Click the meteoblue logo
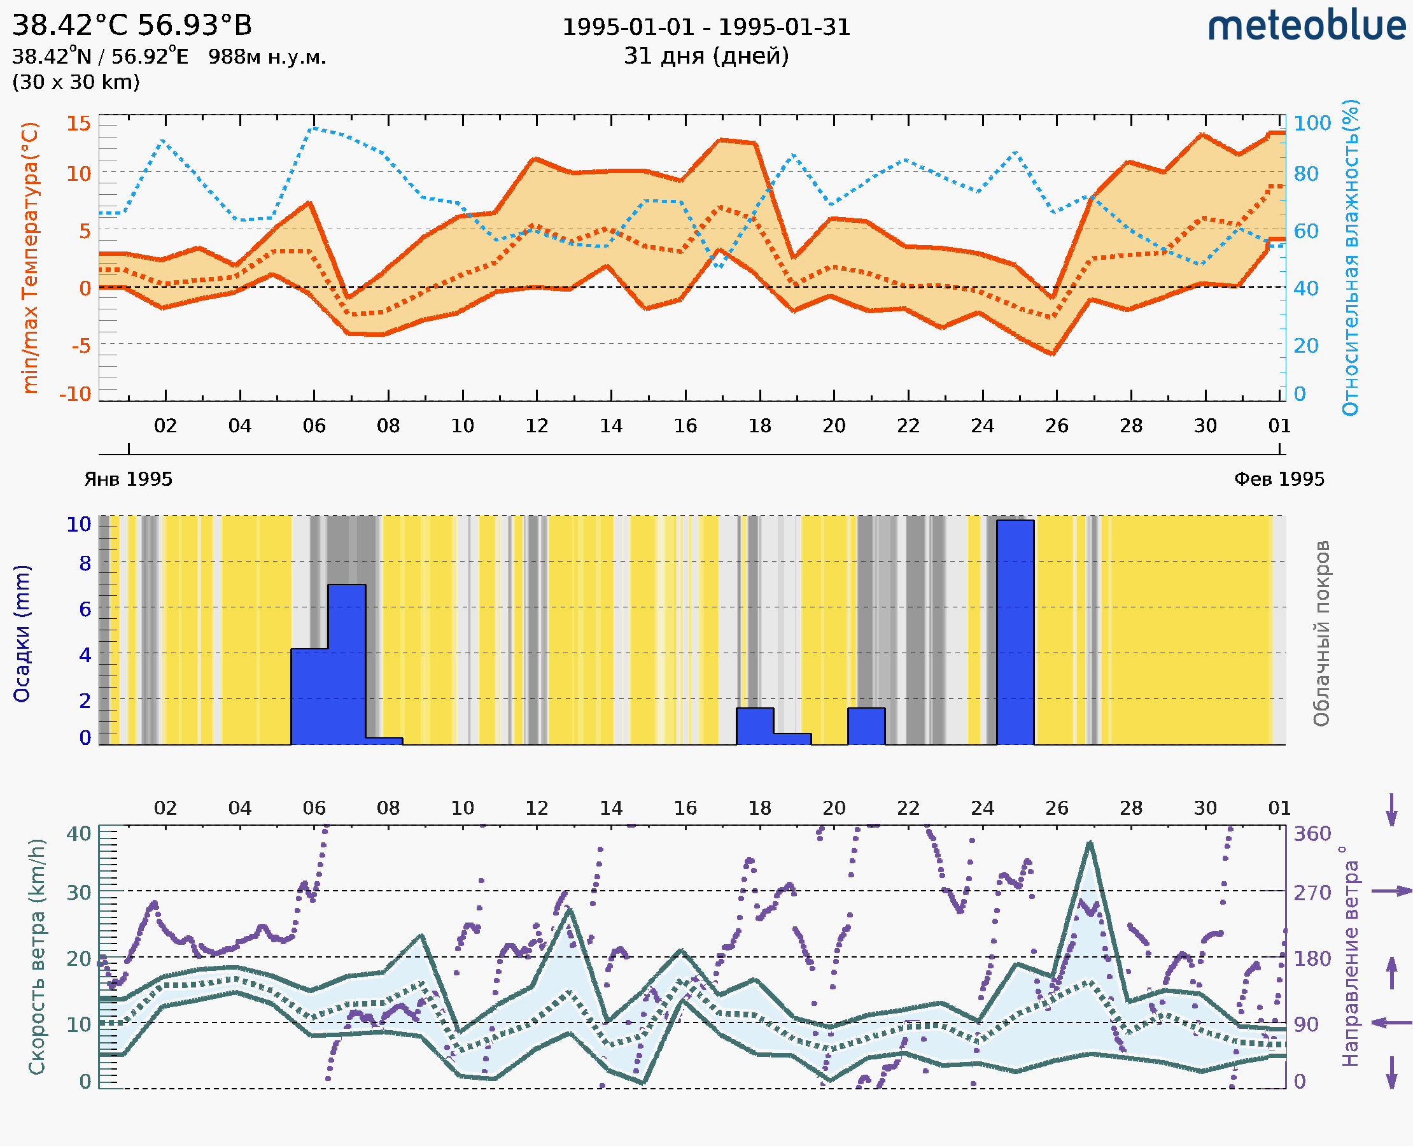(x=1307, y=26)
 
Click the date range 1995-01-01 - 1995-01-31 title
(x=706, y=27)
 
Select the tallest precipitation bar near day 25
(x=1015, y=632)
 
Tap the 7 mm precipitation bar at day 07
(x=346, y=663)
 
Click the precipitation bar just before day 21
(x=866, y=726)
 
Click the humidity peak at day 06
(x=314, y=128)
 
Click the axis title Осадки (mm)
(x=22, y=633)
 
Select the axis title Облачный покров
(x=1321, y=633)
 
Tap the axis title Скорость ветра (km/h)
(x=37, y=956)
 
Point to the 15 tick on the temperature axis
(x=78, y=124)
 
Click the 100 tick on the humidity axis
(x=1312, y=124)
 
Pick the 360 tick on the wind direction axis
(x=1312, y=834)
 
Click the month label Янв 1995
(x=128, y=479)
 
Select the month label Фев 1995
(x=1279, y=479)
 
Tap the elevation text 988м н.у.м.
(x=267, y=57)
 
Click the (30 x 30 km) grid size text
(x=76, y=83)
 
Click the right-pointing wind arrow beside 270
(x=1391, y=891)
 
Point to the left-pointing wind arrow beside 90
(x=1391, y=1023)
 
